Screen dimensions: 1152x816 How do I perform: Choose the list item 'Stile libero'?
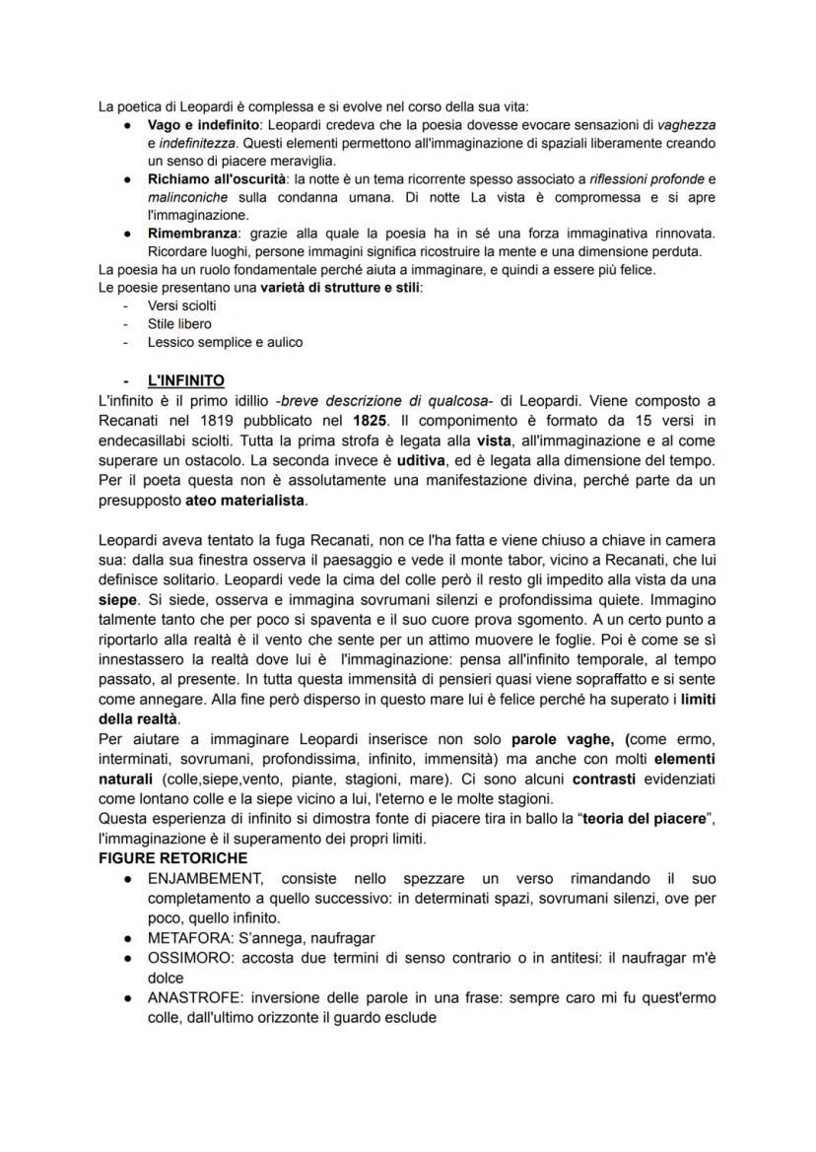click(x=178, y=323)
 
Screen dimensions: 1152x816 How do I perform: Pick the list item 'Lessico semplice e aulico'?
click(x=225, y=342)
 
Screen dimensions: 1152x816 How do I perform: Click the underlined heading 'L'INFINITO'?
click(x=185, y=379)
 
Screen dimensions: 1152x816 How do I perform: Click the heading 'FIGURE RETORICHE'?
click(x=171, y=858)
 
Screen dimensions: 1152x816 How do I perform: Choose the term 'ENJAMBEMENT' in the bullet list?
click(x=205, y=878)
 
